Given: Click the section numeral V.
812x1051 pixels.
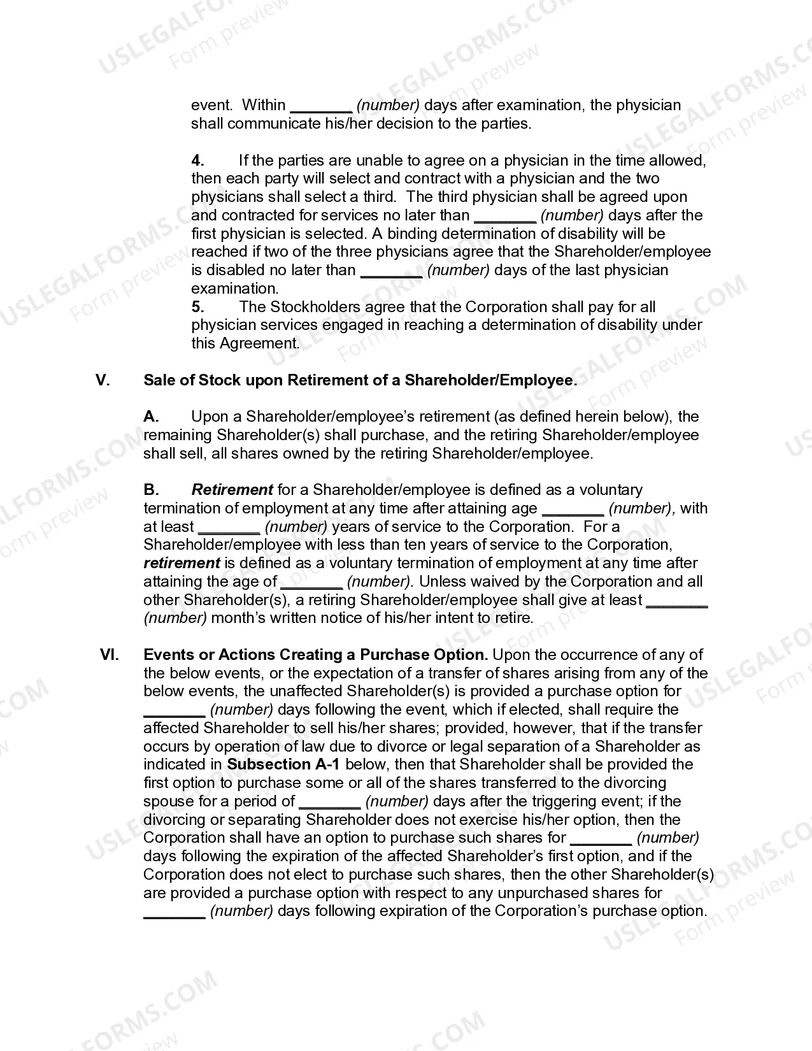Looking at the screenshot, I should (103, 380).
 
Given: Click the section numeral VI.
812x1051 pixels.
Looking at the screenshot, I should (110, 655).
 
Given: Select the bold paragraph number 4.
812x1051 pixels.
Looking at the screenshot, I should (197, 161).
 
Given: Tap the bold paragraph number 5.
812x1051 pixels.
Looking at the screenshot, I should (197, 307).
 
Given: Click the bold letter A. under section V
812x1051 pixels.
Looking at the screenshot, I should (151, 417).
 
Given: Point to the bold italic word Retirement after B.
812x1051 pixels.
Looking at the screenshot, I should (232, 490).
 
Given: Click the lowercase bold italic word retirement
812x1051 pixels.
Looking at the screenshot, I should (182, 563).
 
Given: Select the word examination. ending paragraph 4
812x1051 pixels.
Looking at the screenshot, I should (234, 289).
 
